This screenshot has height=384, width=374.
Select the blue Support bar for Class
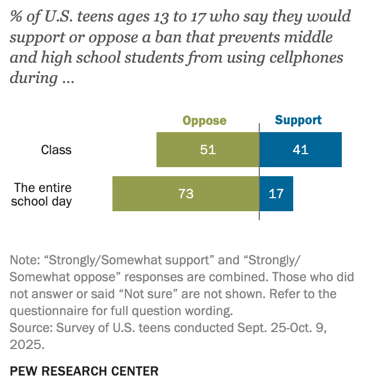[316, 150]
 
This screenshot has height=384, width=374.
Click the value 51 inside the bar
[208, 150]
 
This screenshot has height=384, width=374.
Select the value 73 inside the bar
[186, 194]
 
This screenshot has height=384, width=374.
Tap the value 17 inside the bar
[276, 194]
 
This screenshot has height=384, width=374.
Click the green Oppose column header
[204, 120]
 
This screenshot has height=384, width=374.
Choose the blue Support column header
[298, 120]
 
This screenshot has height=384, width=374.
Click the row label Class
[56, 150]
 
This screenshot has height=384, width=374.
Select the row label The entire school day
[42, 194]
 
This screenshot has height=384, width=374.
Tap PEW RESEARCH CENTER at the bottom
[84, 371]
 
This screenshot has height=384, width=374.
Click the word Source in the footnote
[28, 327]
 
